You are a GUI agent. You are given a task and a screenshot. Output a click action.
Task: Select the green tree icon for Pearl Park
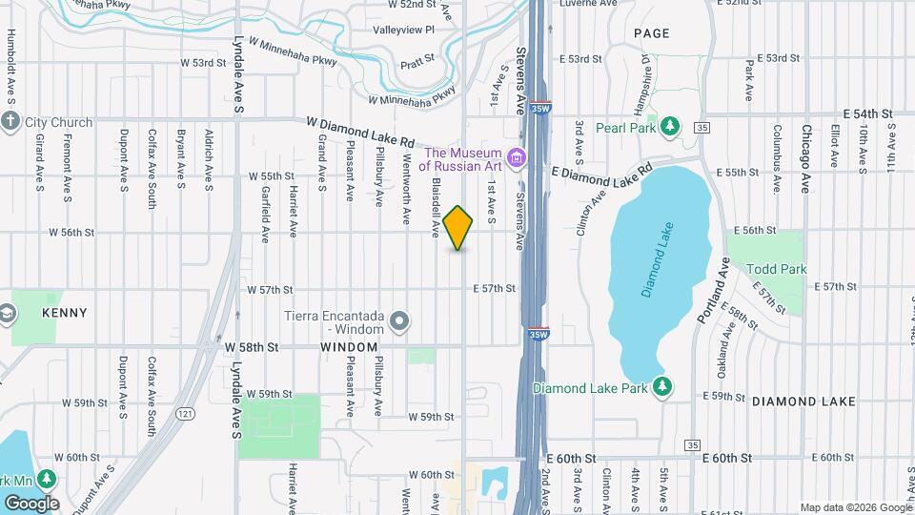[x=671, y=126]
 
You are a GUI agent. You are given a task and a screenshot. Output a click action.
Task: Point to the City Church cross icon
[x=10, y=121]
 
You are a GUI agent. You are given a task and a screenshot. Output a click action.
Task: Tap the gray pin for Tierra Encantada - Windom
[x=400, y=321]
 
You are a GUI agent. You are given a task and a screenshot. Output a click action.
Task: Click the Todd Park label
[x=776, y=269]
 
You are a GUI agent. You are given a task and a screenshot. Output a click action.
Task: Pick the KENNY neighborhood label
[x=65, y=313]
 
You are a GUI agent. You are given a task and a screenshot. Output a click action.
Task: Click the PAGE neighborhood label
[x=652, y=33]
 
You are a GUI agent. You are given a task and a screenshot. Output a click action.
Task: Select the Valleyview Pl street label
[x=403, y=30]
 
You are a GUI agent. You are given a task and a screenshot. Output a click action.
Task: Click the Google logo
[x=31, y=503]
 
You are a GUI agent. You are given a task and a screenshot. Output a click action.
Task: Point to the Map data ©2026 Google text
[x=855, y=507]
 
